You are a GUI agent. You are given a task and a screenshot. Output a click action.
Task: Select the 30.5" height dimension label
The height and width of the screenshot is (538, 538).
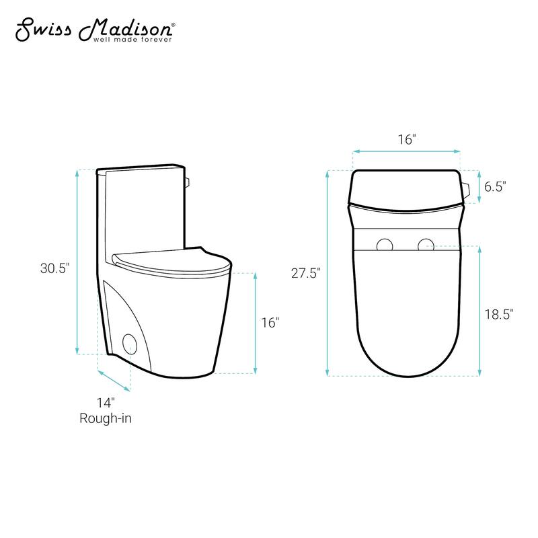54,268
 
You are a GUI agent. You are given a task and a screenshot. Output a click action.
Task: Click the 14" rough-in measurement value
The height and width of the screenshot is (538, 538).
106,403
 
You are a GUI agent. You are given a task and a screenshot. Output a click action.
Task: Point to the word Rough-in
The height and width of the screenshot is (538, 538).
106,418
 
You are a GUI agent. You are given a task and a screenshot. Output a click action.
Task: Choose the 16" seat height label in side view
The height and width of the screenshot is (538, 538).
270,323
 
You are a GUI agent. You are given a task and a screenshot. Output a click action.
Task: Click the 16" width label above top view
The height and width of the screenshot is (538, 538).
406,139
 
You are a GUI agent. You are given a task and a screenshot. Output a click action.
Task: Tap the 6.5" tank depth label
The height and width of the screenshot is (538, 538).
494,186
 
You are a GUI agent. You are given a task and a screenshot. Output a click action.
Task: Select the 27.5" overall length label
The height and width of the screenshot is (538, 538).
307,272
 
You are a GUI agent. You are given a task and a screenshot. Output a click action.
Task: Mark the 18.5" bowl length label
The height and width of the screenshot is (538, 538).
499,313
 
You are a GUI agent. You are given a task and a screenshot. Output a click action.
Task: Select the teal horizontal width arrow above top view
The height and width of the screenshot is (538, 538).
406,151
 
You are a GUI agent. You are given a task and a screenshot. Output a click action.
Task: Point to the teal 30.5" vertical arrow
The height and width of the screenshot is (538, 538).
78,262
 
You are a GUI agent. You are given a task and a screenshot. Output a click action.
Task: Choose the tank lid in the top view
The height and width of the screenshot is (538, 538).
406,188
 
